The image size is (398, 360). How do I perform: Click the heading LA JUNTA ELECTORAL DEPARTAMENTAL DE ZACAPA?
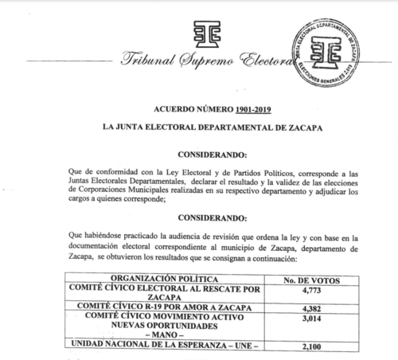click(x=198, y=128)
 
